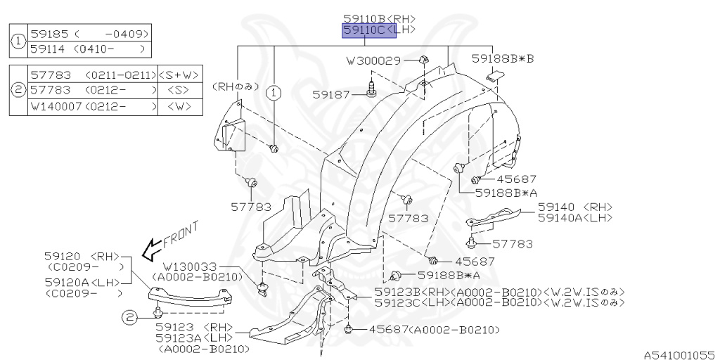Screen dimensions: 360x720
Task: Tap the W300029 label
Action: point(373,60)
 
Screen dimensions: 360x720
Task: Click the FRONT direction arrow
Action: point(150,247)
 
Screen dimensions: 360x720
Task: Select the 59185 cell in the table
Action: point(48,34)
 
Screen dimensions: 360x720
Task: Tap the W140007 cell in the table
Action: point(56,108)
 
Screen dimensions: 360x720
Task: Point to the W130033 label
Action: point(191,267)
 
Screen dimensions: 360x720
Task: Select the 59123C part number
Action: point(398,302)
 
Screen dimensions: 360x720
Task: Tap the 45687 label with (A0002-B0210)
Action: point(385,329)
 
